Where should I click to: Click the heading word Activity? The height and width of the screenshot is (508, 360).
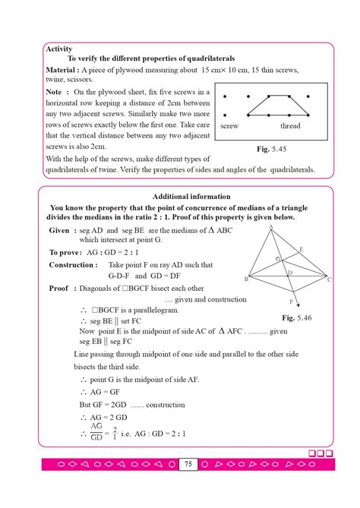pos(59,49)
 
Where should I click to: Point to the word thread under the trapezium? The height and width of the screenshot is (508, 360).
pos(290,125)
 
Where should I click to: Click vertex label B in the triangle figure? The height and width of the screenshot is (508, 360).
pos(245,279)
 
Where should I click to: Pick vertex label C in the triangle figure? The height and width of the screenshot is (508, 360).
pos(329,279)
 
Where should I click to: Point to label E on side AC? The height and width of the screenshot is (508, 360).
pos(301,249)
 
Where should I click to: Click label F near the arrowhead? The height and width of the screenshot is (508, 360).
pos(291,301)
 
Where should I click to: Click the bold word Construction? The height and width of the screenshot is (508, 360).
pos(71,265)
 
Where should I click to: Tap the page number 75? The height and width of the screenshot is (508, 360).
pos(188,464)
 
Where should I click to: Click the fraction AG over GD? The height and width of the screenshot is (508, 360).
pos(97,433)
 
